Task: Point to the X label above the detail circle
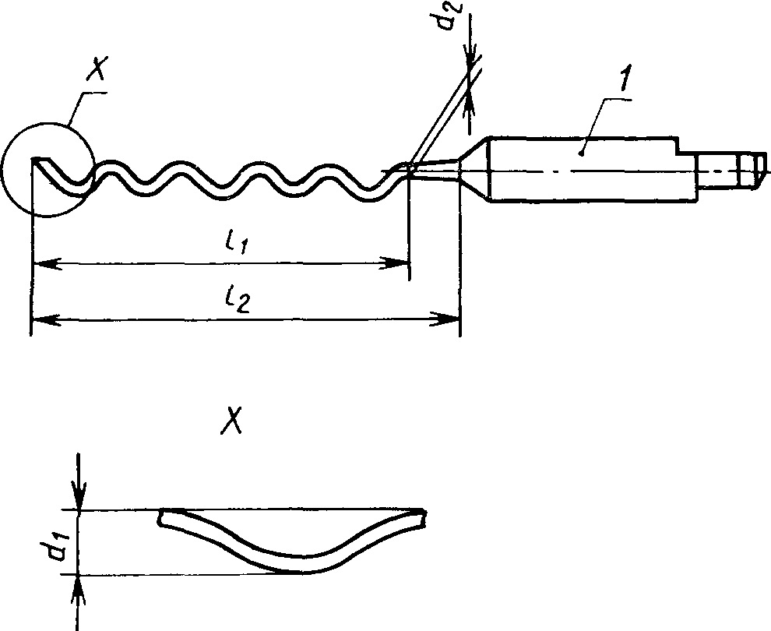pos(97,69)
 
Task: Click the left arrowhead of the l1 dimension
pos(48,263)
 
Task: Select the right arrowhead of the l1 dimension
pos(394,263)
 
